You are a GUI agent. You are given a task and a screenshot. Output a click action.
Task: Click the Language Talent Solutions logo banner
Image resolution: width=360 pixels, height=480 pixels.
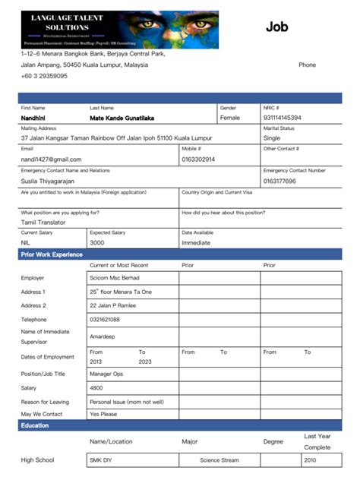tap(119, 30)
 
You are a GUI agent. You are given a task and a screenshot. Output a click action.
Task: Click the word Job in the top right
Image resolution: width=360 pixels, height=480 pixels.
tap(277, 27)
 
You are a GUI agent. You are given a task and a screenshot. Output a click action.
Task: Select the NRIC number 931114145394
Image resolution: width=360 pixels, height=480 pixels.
tap(282, 118)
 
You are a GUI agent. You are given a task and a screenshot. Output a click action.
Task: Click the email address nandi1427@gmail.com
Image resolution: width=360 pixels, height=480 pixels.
tap(51, 159)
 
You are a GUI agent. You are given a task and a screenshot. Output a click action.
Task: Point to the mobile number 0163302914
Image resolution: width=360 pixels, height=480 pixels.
tap(198, 159)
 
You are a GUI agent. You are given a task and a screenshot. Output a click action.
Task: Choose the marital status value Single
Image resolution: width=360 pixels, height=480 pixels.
tap(272, 138)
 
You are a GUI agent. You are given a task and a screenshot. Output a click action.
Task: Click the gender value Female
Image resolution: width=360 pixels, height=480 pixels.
tap(230, 118)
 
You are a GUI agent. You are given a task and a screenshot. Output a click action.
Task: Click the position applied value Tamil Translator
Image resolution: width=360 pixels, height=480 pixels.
tap(43, 223)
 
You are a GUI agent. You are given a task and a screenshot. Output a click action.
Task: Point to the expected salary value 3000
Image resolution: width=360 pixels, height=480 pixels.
tap(97, 243)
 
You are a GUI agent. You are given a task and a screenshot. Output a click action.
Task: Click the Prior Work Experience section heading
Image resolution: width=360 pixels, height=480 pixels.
tap(52, 254)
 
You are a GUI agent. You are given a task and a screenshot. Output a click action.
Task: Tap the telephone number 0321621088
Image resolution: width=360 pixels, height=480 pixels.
tap(105, 320)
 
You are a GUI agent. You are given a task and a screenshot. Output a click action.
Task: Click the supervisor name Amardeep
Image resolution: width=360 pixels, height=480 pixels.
tap(103, 336)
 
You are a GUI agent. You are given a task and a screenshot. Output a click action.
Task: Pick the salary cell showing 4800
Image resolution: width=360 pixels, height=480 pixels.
tap(96, 387)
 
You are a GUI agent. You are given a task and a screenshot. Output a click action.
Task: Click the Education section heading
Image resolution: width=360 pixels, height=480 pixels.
tap(35, 425)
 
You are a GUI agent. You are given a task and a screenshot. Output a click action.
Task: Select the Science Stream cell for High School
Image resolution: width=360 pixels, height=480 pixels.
tap(219, 460)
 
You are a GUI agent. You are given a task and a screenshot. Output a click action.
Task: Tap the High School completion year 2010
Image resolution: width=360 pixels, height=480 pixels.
tap(310, 460)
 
